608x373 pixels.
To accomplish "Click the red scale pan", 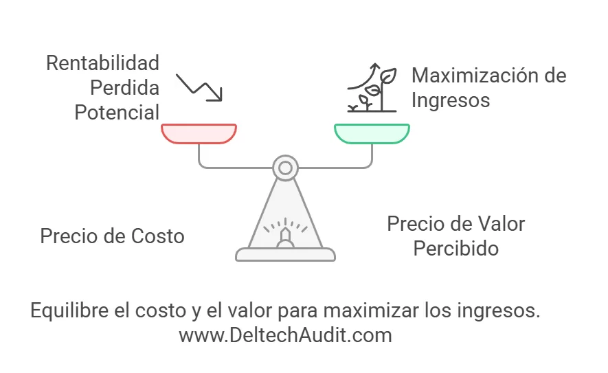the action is click(199, 134).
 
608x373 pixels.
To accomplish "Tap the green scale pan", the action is click(372, 134).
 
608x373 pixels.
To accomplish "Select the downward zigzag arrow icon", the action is click(199, 88).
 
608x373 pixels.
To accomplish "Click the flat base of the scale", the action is click(285, 255).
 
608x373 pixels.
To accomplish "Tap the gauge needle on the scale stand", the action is click(285, 235).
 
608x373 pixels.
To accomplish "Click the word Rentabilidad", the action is click(103, 63).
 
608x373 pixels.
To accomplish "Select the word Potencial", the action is click(117, 113).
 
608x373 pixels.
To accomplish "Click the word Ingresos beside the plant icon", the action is click(451, 100).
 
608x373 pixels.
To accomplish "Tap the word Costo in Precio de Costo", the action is click(157, 236).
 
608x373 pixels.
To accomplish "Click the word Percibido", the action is click(456, 249).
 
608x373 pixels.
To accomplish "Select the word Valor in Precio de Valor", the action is click(501, 224).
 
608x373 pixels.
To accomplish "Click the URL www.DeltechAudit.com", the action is click(285, 335).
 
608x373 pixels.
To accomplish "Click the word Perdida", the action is click(125, 88).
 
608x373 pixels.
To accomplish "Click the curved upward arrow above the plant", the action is click(365, 78).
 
